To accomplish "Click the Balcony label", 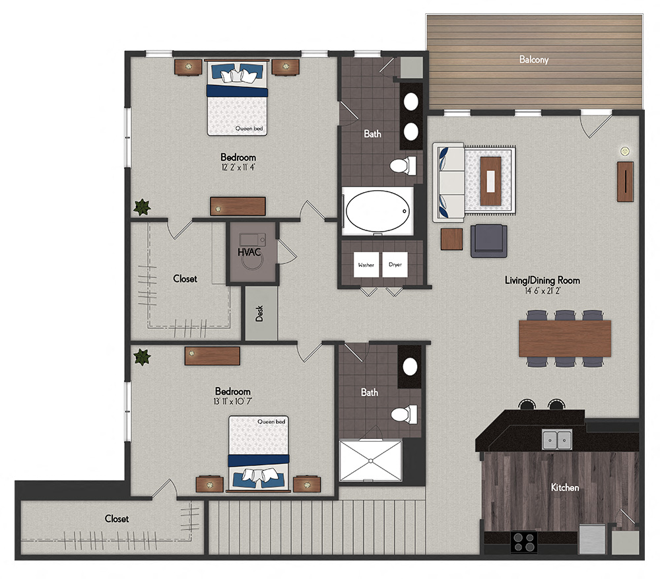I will pyautogui.click(x=534, y=59).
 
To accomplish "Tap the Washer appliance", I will pyautogui.click(x=366, y=265).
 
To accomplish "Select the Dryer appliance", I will pyautogui.click(x=395, y=265).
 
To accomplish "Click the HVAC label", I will pyautogui.click(x=251, y=252).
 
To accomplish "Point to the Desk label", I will pyautogui.click(x=261, y=314).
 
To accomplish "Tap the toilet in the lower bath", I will pyautogui.click(x=403, y=415).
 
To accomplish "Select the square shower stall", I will pyautogui.click(x=370, y=461).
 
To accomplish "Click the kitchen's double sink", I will pyautogui.click(x=557, y=439).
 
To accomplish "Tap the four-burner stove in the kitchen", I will pyautogui.click(x=524, y=542).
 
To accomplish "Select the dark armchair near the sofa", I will pyautogui.click(x=489, y=240).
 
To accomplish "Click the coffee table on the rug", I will pyautogui.click(x=490, y=180).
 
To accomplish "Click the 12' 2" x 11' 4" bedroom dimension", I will pyautogui.click(x=238, y=168).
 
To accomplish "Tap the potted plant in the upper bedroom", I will pyautogui.click(x=142, y=207).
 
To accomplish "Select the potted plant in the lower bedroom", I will pyautogui.click(x=142, y=357).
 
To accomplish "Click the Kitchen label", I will pyautogui.click(x=565, y=487).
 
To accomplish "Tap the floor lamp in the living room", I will pyautogui.click(x=624, y=151).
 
